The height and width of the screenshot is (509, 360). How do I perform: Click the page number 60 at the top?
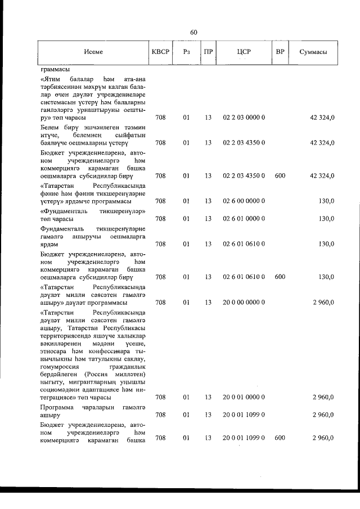[193, 32]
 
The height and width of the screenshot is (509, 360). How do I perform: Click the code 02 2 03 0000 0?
[244, 118]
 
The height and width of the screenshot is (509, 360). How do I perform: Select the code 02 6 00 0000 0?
[244, 201]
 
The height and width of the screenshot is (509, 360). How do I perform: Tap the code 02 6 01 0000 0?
[244, 218]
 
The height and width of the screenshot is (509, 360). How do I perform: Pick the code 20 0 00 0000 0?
[244, 302]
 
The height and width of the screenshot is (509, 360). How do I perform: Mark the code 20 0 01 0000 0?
[244, 397]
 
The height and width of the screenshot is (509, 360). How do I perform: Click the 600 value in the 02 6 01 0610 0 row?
[280, 277]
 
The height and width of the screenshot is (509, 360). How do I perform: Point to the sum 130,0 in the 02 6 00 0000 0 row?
[326, 201]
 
